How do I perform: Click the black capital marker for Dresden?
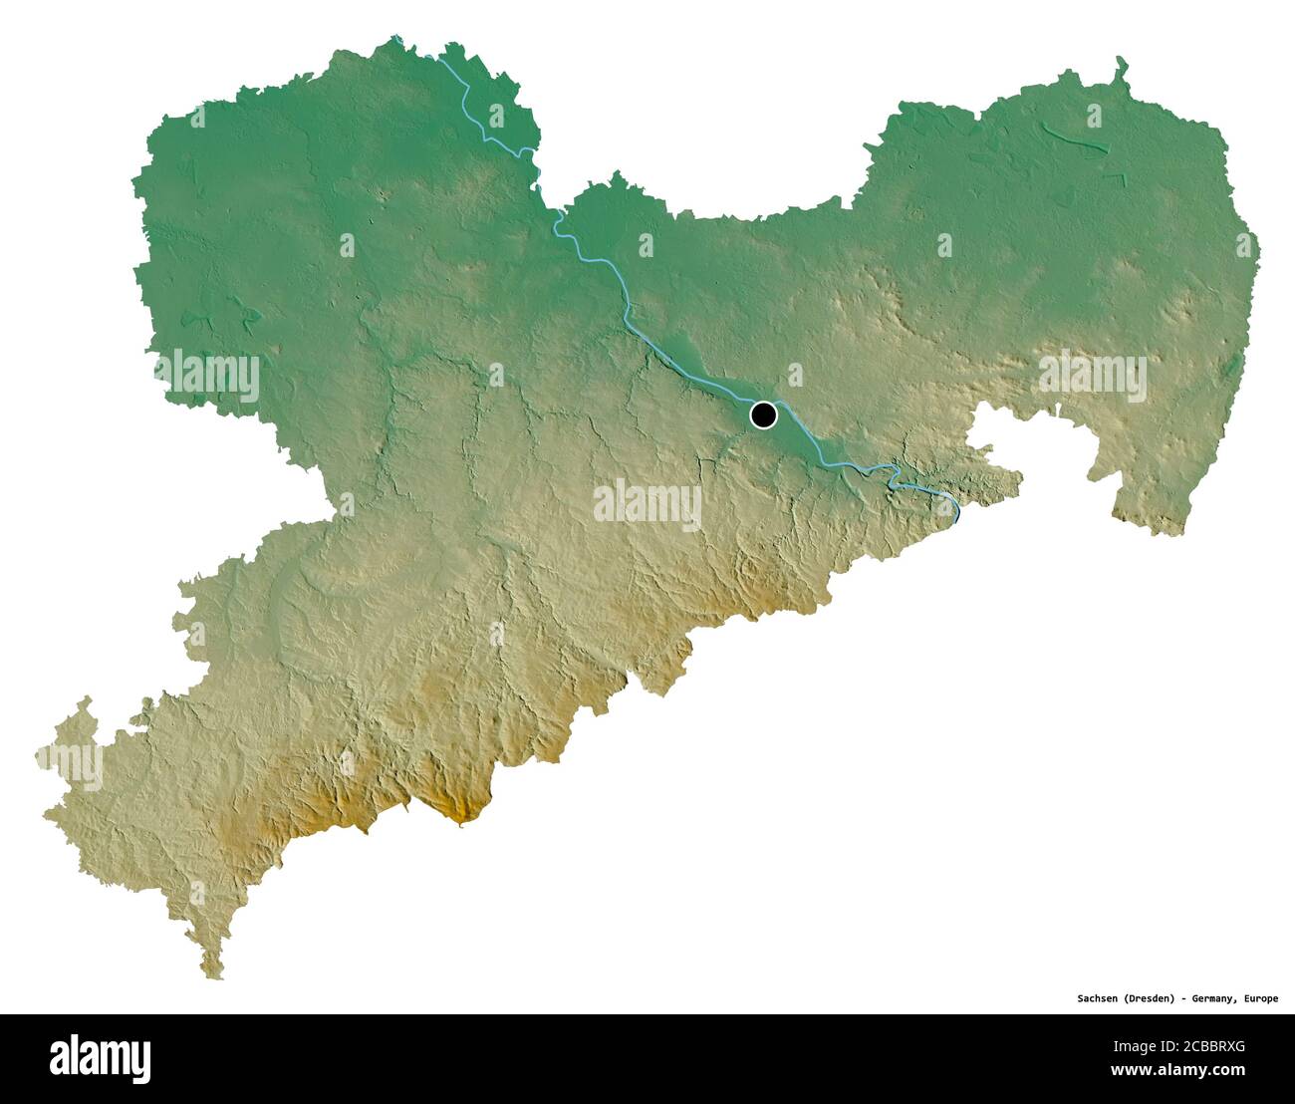pos(763,414)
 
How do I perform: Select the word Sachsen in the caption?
pos(1098,997)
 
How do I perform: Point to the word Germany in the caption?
pos(1214,997)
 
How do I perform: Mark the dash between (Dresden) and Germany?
pos(1184,997)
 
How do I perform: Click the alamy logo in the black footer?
pos(100,1058)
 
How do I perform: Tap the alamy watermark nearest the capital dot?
pos(647,504)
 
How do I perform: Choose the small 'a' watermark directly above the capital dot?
pos(794,375)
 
